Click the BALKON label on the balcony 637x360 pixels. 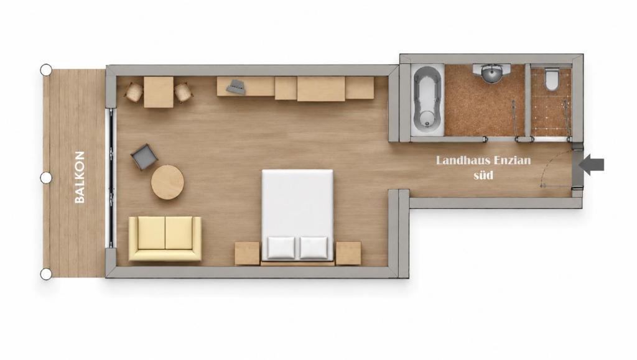(x=80, y=177)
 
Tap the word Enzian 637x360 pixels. (x=513, y=160)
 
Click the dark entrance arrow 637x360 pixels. (x=592, y=164)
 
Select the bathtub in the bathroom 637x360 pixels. (x=427, y=100)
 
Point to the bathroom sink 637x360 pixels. (x=491, y=73)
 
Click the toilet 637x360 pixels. (x=551, y=80)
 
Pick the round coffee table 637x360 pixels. (x=167, y=182)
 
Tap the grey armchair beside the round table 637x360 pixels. (x=144, y=157)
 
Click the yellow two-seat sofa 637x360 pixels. (x=165, y=238)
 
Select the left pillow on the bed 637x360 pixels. (x=281, y=248)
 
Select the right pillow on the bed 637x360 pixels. (x=314, y=248)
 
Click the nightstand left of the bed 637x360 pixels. (x=247, y=253)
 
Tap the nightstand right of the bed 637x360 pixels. (x=348, y=253)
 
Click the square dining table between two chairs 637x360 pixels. (x=159, y=92)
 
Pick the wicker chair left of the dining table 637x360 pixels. (x=134, y=93)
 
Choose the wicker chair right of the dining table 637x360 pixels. (x=184, y=93)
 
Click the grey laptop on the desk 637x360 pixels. (x=236, y=86)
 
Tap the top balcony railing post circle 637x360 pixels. (x=46, y=70)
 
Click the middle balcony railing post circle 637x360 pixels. (x=46, y=178)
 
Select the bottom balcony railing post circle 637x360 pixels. (x=46, y=274)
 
